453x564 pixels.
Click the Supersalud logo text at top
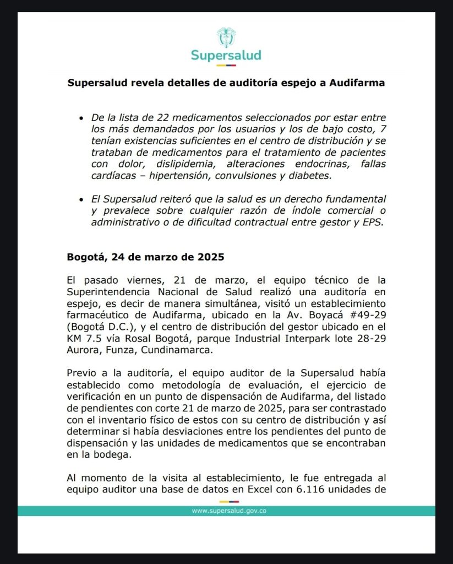click(226, 55)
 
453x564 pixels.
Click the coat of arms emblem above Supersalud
click(226, 37)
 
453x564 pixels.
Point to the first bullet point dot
click(81, 118)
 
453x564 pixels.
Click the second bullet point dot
click(81, 199)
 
